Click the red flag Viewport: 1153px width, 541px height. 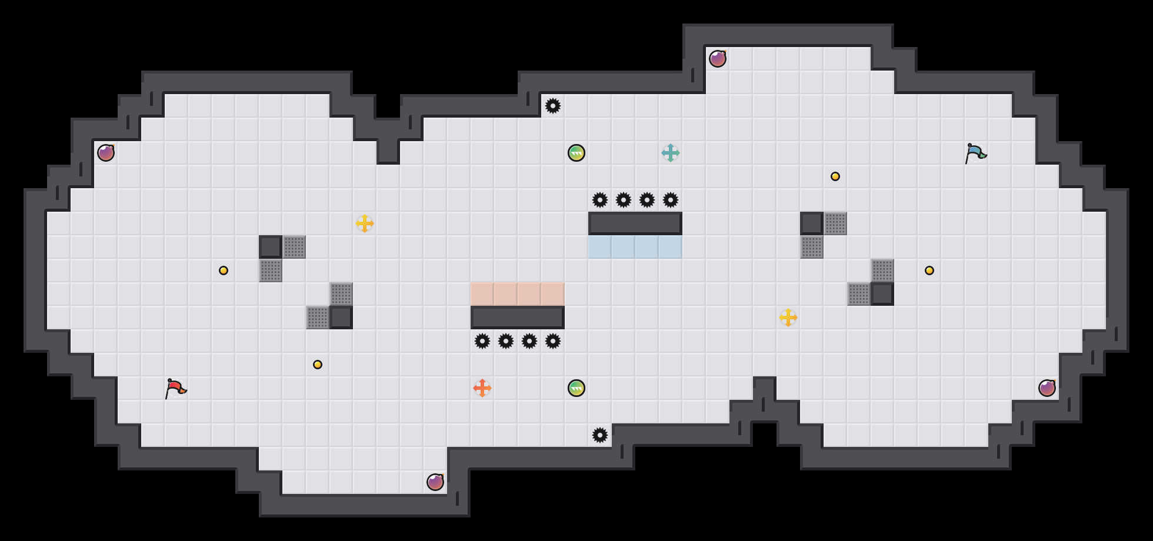(175, 388)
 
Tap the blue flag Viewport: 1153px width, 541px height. (975, 153)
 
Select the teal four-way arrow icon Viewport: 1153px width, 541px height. (671, 153)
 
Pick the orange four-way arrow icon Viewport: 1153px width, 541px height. (482, 388)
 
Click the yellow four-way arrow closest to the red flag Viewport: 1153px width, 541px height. (365, 223)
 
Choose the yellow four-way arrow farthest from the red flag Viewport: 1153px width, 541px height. (788, 318)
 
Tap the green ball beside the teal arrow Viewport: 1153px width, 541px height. (576, 153)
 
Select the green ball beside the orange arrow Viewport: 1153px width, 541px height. (576, 388)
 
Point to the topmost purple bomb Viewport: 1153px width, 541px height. (718, 59)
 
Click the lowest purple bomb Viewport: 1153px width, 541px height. (435, 482)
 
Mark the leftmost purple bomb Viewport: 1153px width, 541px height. (106, 153)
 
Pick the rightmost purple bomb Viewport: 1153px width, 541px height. (1047, 388)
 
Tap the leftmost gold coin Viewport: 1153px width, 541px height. (224, 270)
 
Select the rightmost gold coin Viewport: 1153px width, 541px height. (929, 270)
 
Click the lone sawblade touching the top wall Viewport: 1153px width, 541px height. (553, 106)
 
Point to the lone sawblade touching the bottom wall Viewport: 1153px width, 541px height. (600, 435)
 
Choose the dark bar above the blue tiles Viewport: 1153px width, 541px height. (635, 223)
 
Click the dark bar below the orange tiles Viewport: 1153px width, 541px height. (518, 318)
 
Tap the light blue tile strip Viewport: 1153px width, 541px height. (635, 247)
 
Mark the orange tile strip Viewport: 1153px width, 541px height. (518, 294)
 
